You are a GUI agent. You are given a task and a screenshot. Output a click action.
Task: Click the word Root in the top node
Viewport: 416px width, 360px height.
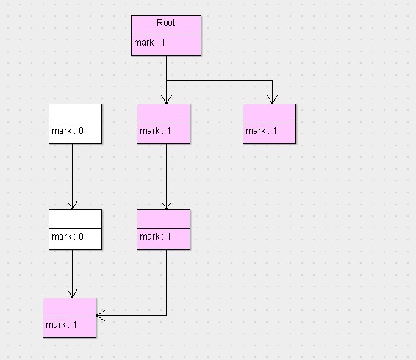pos(166,24)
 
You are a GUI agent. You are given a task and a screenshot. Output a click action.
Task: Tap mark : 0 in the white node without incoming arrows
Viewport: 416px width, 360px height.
pos(68,132)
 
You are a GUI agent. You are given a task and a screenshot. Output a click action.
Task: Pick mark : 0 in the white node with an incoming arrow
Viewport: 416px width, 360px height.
pos(68,237)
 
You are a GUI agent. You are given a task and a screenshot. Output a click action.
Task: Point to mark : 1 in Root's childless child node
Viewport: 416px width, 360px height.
pos(262,131)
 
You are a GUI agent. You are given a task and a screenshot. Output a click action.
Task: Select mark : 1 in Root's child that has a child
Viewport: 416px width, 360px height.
pos(156,131)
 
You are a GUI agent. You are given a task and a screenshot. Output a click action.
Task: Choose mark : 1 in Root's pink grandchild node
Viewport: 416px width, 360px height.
pos(156,237)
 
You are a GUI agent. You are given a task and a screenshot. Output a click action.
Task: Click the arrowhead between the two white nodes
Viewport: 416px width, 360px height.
pos(72,205)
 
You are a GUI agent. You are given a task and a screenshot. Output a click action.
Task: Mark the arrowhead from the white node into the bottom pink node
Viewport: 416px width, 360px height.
pos(72,293)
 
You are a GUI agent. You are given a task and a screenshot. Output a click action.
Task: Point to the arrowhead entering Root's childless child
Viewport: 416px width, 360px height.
pos(272,99)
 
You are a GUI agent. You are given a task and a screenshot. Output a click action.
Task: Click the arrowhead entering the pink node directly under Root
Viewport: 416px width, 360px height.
pos(166,99)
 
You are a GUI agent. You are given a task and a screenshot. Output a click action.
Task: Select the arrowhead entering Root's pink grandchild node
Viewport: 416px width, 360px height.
pos(166,205)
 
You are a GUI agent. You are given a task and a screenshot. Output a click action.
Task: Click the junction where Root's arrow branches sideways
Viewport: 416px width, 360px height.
pos(166,79)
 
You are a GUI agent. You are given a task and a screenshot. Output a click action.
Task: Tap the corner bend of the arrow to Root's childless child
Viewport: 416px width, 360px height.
pos(272,79)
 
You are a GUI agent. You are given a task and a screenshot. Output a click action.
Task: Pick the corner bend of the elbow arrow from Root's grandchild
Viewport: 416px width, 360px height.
pos(166,316)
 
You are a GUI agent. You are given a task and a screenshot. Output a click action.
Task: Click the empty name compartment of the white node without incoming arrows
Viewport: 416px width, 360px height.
pos(75,113)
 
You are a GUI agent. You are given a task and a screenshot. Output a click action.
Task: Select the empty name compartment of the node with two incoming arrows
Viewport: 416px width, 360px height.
pos(69,307)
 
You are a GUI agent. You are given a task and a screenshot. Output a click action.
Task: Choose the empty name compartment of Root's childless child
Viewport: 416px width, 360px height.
pos(269,113)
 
